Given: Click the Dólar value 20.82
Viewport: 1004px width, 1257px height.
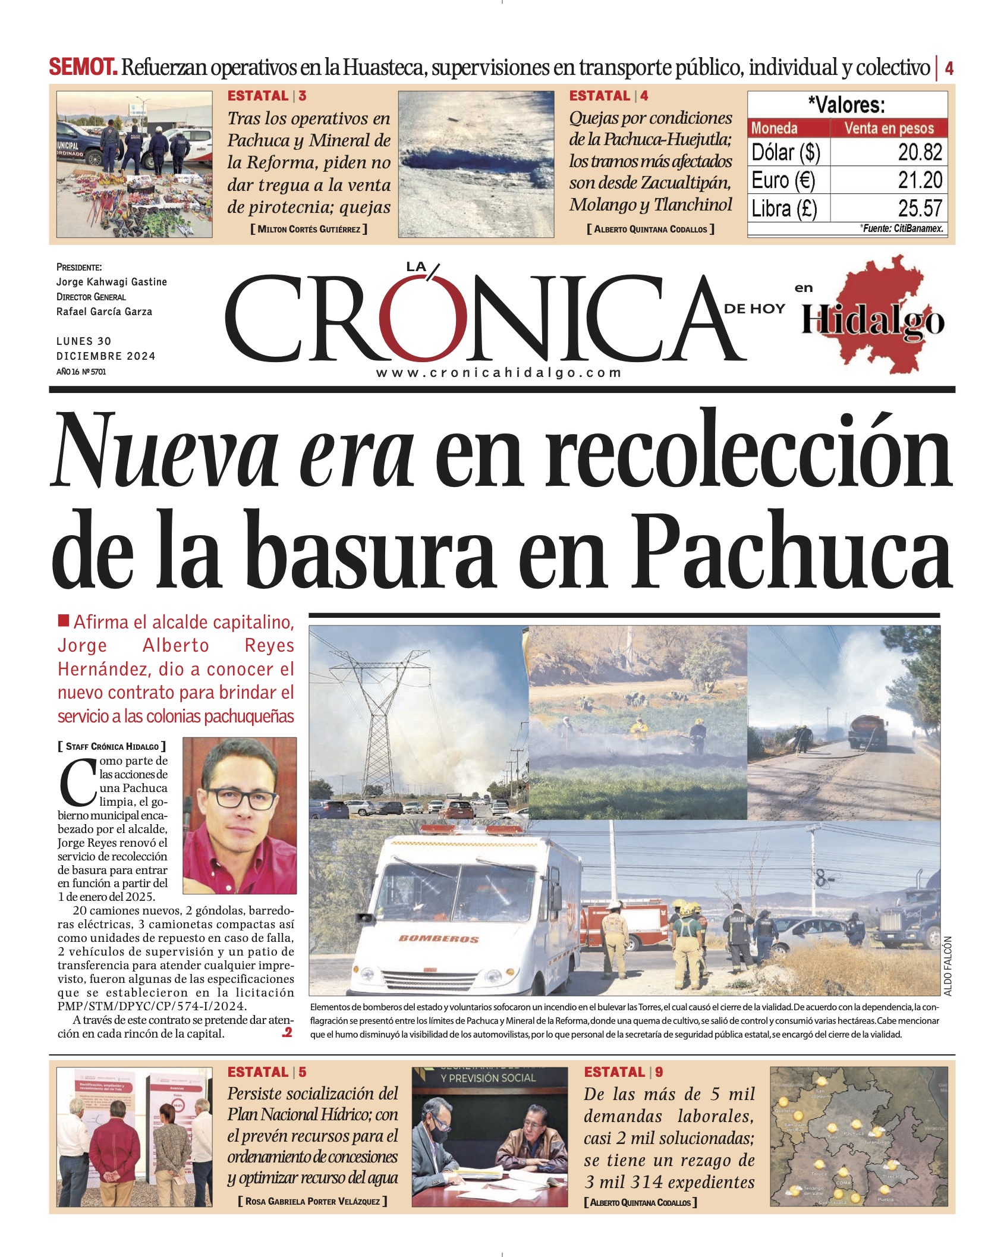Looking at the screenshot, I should (920, 152).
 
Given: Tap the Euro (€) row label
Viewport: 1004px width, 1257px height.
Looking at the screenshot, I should (783, 180).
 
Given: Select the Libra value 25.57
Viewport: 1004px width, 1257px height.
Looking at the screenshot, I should (920, 208).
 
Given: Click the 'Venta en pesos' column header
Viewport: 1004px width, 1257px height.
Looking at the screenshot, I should (888, 128).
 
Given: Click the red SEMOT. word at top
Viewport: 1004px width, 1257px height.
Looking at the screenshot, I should (83, 67).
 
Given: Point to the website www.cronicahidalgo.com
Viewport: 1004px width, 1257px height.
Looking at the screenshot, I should (498, 373).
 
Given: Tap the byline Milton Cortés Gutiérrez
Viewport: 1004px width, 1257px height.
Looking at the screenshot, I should (309, 229).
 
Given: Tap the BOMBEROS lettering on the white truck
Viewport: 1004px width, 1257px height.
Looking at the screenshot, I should (438, 938).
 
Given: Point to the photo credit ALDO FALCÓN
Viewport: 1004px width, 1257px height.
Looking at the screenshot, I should (948, 966).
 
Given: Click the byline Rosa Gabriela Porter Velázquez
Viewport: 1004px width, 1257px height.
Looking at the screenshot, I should (312, 1201).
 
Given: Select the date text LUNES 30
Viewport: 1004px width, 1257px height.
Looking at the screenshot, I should (84, 341).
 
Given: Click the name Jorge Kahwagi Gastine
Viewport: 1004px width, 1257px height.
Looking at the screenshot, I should (111, 282).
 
